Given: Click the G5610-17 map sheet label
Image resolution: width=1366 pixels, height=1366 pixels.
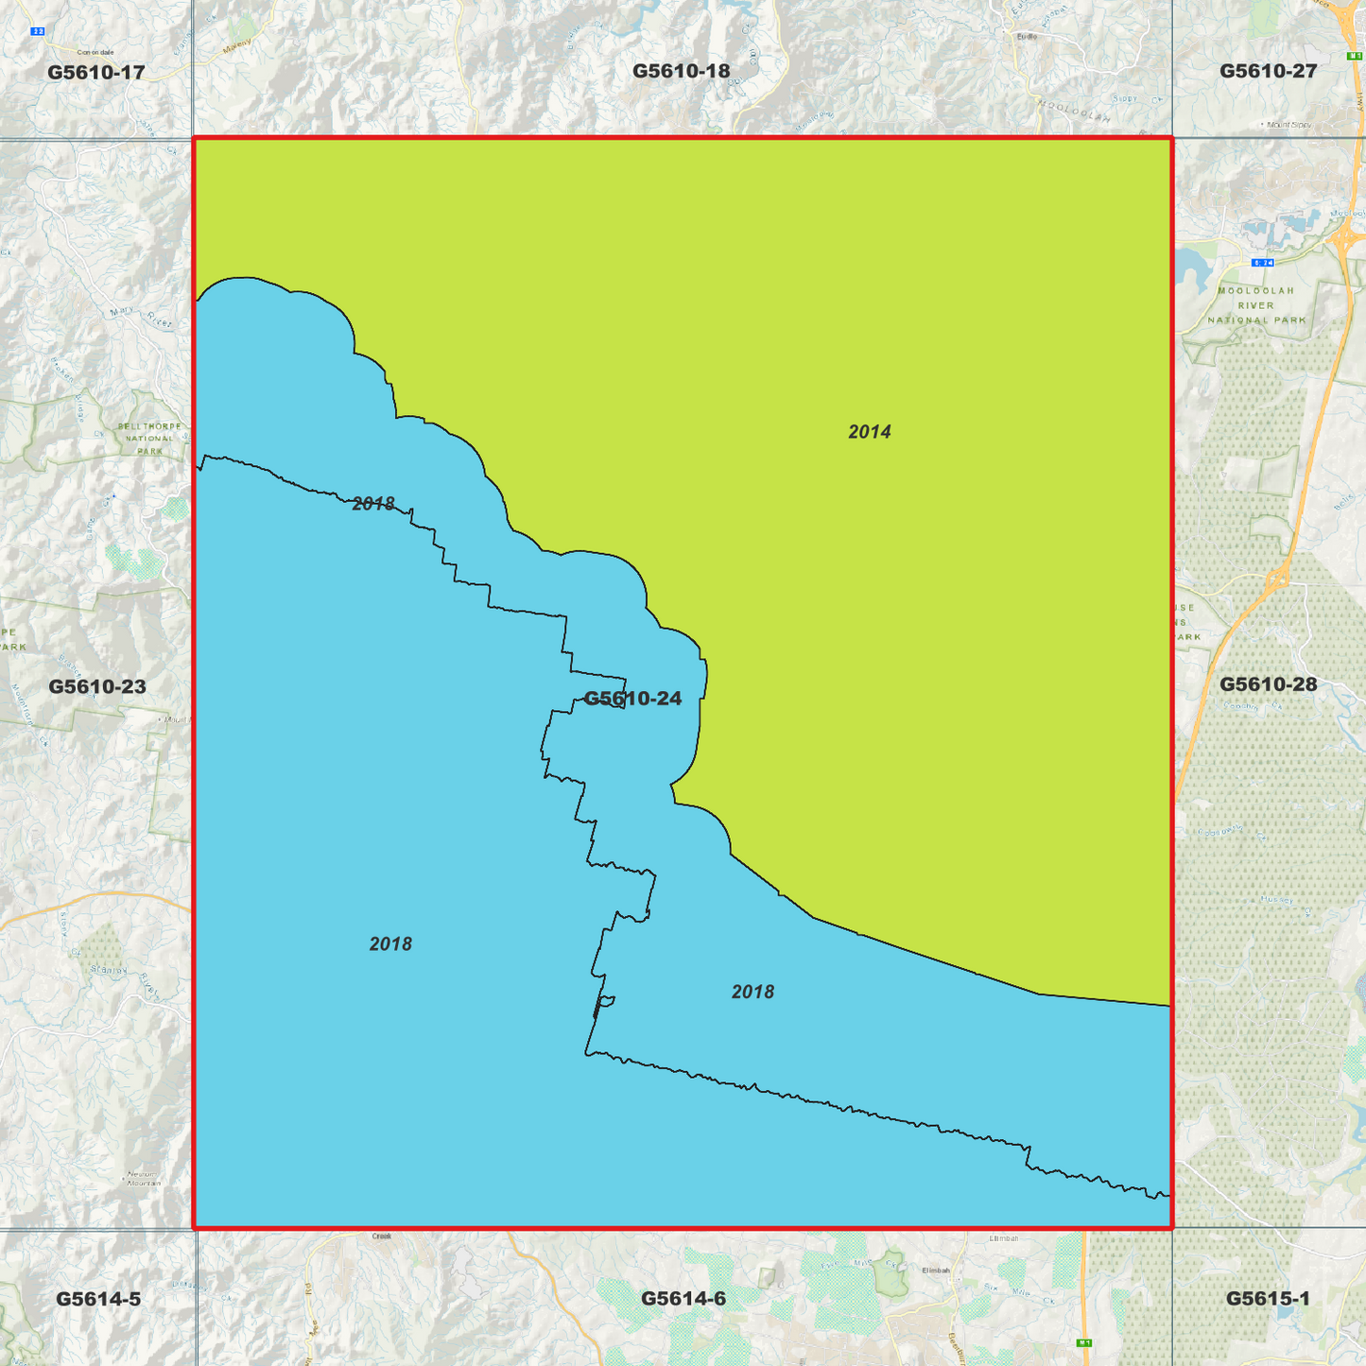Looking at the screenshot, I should click(x=96, y=72).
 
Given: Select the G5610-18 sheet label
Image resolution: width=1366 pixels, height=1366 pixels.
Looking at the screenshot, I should click(x=681, y=71).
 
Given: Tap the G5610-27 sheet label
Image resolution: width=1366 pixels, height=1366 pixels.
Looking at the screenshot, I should click(x=1268, y=71).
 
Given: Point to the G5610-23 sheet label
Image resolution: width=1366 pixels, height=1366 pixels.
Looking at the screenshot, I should click(x=97, y=686).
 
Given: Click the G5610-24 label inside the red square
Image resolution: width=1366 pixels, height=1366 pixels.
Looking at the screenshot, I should click(x=632, y=699).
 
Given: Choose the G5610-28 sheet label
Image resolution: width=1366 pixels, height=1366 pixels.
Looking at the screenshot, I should click(x=1268, y=683).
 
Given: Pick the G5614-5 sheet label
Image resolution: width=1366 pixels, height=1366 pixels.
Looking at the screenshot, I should click(x=98, y=1299).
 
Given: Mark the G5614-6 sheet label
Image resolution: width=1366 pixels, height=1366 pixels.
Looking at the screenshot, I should click(x=683, y=1299).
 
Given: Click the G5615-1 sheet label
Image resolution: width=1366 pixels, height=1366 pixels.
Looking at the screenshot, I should click(x=1268, y=1299).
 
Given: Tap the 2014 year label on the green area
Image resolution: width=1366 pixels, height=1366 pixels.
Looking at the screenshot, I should click(x=869, y=432).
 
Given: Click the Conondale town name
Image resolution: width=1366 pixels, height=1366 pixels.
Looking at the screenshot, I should click(x=95, y=52).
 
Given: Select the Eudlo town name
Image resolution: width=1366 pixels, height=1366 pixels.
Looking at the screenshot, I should click(x=1027, y=37).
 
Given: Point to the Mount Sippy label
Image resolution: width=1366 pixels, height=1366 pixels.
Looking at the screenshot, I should click(x=1288, y=124).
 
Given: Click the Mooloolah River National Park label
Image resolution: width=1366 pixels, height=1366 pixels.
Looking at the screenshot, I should click(x=1256, y=305).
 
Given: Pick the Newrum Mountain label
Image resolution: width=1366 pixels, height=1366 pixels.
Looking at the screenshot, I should click(x=144, y=1179).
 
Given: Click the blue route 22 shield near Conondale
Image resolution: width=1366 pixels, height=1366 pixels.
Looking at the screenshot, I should click(x=38, y=31).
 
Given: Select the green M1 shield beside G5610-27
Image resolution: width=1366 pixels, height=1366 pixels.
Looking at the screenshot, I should click(x=1353, y=57).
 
